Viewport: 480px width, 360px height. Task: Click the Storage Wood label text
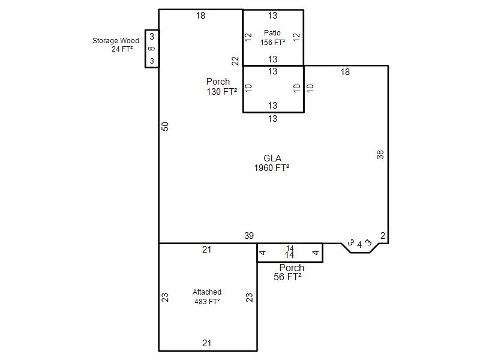tap(116, 40)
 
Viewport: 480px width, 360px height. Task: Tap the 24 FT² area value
tap(122, 49)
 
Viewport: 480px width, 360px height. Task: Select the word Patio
tap(272, 33)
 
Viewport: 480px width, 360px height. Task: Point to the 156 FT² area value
tap(273, 43)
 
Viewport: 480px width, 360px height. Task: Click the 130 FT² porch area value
tap(222, 92)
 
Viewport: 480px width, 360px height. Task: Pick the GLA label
tap(272, 158)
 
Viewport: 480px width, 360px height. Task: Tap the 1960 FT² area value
tap(272, 168)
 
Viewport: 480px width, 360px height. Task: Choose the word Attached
tap(207, 292)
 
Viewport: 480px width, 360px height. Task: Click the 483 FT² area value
tap(207, 302)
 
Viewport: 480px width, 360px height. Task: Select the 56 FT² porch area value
tap(287, 277)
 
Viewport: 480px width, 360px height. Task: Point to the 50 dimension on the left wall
tap(165, 127)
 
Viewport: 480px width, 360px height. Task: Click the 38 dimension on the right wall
tap(380, 155)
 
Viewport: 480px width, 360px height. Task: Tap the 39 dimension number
tap(249, 236)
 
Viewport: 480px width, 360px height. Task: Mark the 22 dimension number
tap(235, 61)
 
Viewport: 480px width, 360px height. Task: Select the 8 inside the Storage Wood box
tap(152, 49)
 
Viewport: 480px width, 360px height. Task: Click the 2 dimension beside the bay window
tap(383, 236)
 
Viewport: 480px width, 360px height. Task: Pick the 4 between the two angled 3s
tap(359, 245)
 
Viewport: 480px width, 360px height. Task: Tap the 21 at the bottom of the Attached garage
tap(206, 343)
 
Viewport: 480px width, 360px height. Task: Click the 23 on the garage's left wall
tap(165, 298)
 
